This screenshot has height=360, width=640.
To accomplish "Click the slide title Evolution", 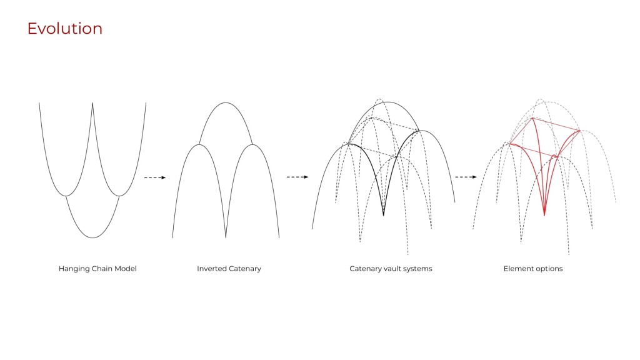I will (x=64, y=29).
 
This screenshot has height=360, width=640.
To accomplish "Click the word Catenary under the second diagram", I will (x=245, y=269).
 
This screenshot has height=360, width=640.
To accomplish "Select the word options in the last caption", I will (x=549, y=269).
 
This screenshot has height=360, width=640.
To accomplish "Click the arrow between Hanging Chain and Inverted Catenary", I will (x=155, y=177).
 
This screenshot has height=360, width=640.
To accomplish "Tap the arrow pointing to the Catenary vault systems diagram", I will (x=298, y=177).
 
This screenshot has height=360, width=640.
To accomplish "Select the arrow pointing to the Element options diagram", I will (x=466, y=177).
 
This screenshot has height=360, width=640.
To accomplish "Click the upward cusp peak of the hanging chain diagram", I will (x=92, y=104).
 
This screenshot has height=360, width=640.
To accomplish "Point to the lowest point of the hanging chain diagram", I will (x=92, y=237).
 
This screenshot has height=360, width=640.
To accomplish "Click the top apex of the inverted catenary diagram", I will (x=226, y=102).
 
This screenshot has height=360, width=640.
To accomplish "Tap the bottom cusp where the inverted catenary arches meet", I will (x=226, y=237).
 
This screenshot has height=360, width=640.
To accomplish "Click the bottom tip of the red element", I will (x=544, y=215).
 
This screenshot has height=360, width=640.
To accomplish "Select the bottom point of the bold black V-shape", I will (x=383, y=215).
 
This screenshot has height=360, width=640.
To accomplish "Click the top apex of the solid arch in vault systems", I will (x=388, y=102).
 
